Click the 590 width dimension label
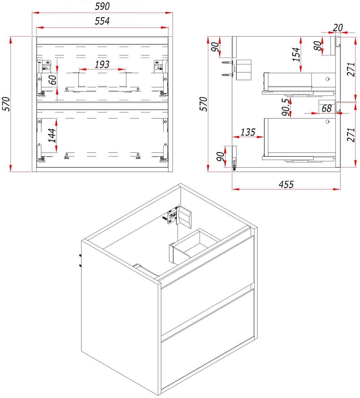[102, 6]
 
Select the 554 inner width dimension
[102, 21]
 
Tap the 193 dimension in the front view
[102, 64]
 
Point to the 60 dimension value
[53, 80]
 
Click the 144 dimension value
[52, 135]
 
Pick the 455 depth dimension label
[286, 184]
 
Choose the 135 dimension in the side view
[248, 132]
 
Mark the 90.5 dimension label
[285, 107]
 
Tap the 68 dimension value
[326, 109]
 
